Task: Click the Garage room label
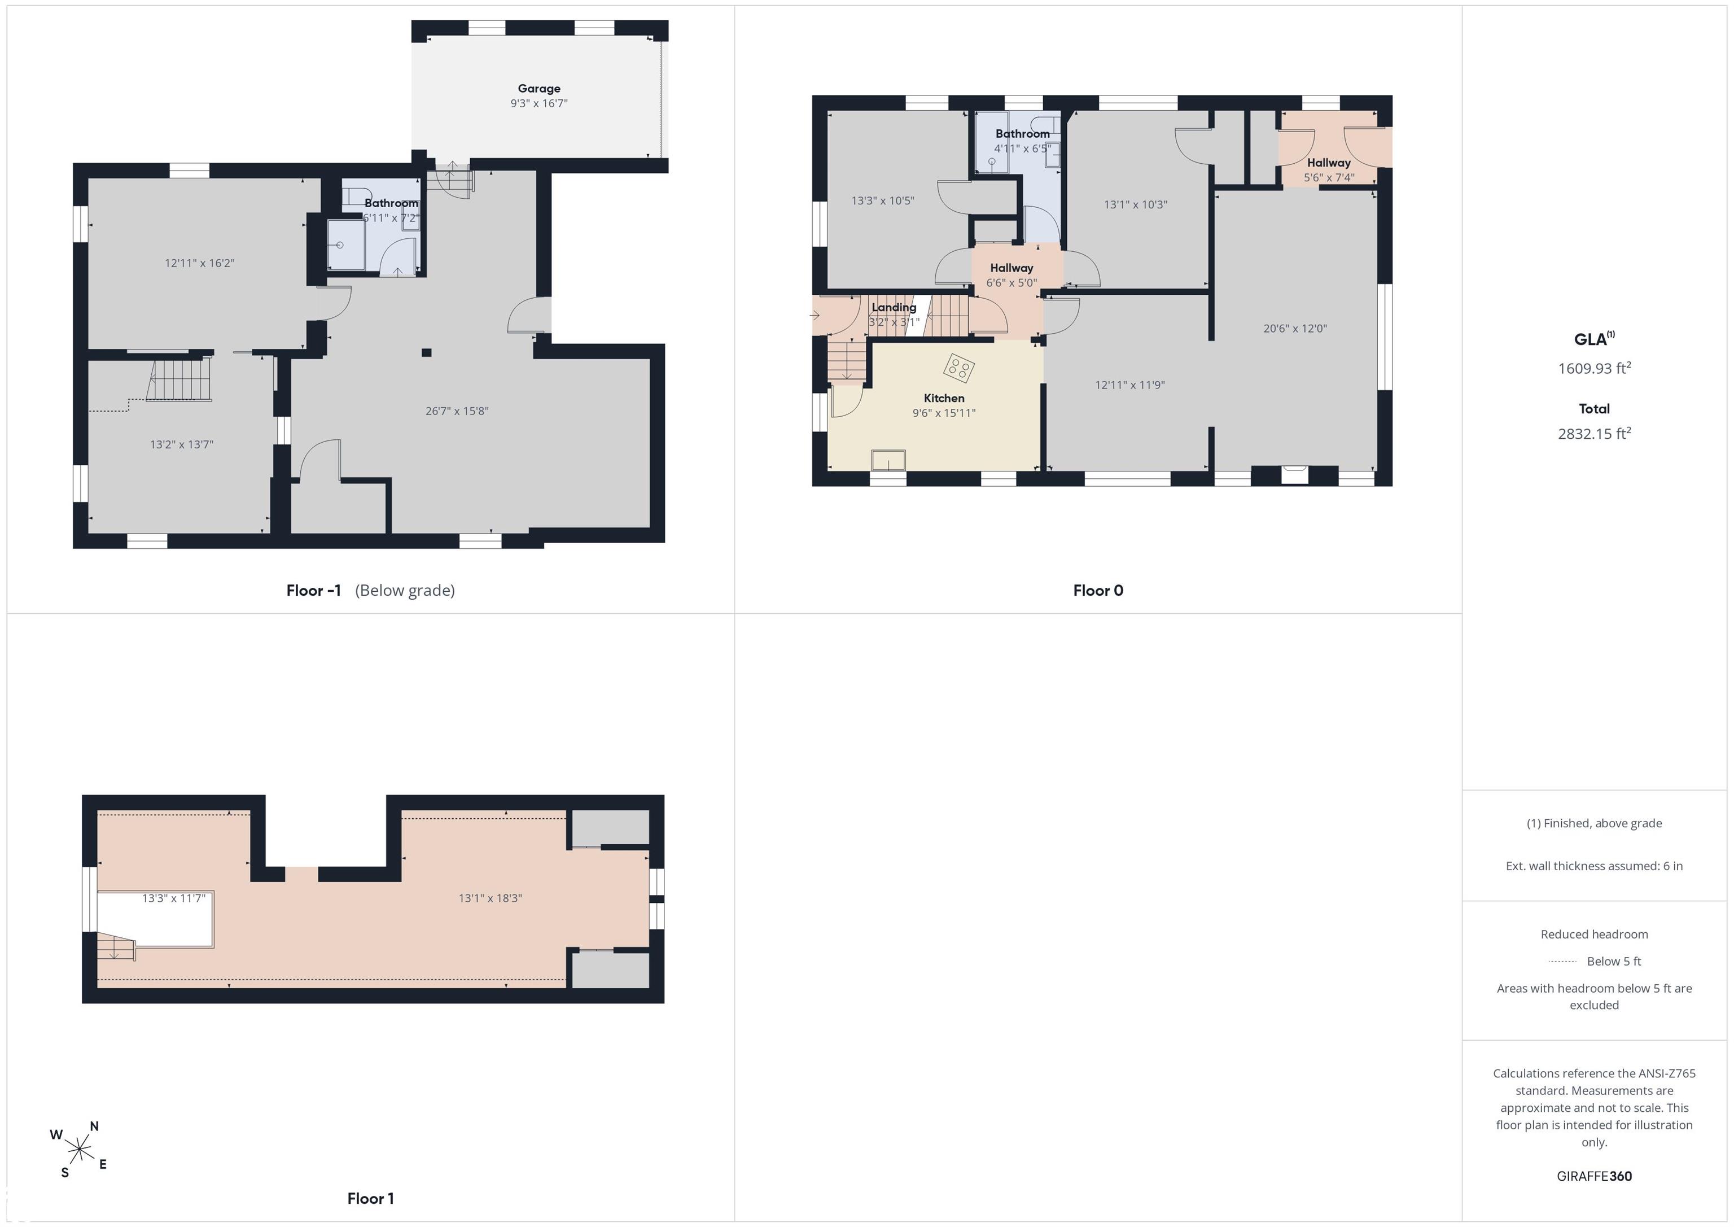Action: coord(538,89)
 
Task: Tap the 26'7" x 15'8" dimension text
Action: coord(457,411)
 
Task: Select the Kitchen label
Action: coord(944,398)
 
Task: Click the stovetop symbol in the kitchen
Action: coord(959,368)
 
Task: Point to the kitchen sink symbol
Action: coord(888,460)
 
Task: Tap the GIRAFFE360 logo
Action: coord(1594,1176)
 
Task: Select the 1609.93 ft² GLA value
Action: coord(1594,368)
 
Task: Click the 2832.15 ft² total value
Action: coord(1594,433)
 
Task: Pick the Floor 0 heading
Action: coord(1098,590)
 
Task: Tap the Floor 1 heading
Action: coord(370,1198)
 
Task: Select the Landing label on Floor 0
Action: coord(894,307)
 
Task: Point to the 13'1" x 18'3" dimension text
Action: coord(490,898)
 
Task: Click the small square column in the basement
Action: coord(427,353)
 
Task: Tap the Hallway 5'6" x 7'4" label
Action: coord(1329,170)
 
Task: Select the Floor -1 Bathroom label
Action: coord(391,203)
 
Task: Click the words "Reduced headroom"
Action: coord(1594,934)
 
